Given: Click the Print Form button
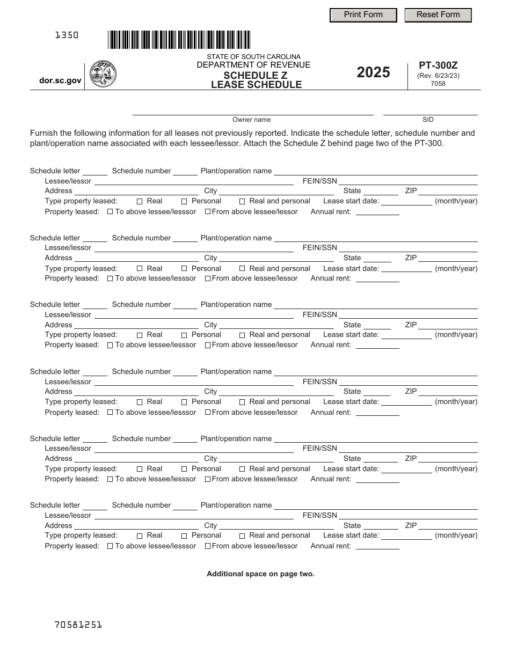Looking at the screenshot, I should (x=363, y=15).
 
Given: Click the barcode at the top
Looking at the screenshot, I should (x=179, y=40).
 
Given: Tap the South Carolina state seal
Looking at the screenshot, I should (x=103, y=74).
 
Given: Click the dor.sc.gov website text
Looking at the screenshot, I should (x=61, y=80).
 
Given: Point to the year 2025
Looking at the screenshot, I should (x=374, y=72).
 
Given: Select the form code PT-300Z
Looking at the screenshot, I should (x=438, y=65).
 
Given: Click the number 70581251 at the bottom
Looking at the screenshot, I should (x=78, y=624).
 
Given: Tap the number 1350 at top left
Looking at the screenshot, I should (x=67, y=35).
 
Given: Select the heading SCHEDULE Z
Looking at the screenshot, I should (x=256, y=75).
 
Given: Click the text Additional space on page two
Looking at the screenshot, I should (x=260, y=574).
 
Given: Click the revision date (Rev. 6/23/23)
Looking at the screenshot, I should (x=438, y=76).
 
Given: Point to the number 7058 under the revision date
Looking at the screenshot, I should (x=438, y=83).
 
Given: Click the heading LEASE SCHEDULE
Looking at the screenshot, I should (x=256, y=84).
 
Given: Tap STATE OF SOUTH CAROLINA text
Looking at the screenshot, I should (x=253, y=57).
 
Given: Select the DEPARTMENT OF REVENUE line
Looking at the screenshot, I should (x=253, y=65).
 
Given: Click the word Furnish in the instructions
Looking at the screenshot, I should (x=44, y=133).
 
